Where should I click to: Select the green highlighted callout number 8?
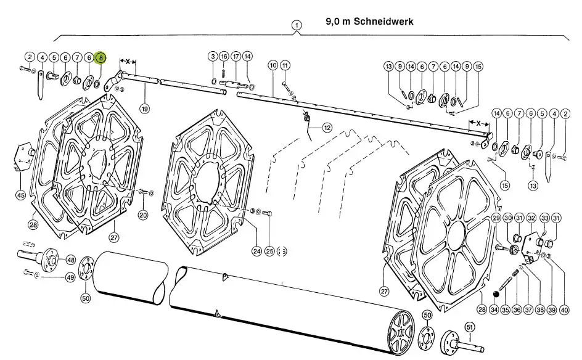pyautogui.click(x=101, y=57)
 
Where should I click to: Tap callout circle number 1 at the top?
pyautogui.click(x=298, y=25)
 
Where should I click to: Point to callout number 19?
pyautogui.click(x=145, y=109)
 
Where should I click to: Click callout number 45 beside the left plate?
pyautogui.click(x=20, y=195)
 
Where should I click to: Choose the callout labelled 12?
pyautogui.click(x=327, y=128)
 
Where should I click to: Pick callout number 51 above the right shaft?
pyautogui.click(x=470, y=327)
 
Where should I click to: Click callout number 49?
pyautogui.click(x=70, y=277)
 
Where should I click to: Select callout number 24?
pyautogui.click(x=256, y=251)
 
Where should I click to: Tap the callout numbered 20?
pyautogui.click(x=143, y=215)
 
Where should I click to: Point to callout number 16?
pyautogui.click(x=224, y=56)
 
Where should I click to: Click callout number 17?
pyautogui.click(x=236, y=56)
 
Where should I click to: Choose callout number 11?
pyautogui.click(x=284, y=65)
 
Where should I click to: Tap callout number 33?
pyautogui.click(x=544, y=218)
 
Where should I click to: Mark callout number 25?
pyautogui.click(x=269, y=251)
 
